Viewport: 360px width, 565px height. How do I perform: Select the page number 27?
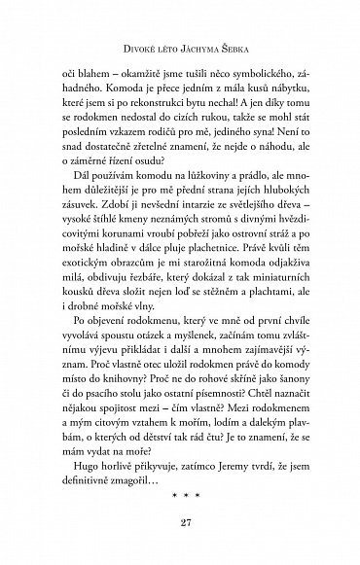tap(179, 526)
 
